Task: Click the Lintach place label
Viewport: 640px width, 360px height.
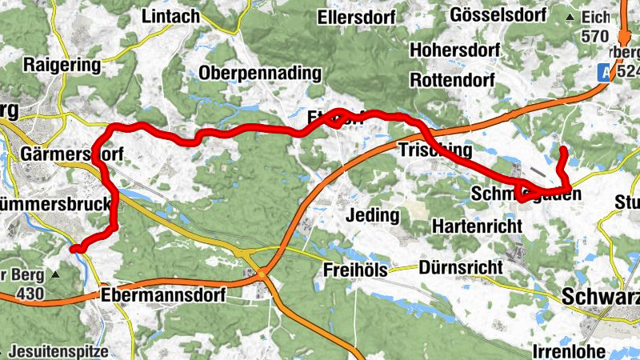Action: coord(171,16)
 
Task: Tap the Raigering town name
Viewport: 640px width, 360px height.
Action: coord(62,64)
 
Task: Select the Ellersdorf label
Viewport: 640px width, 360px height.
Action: coord(358,16)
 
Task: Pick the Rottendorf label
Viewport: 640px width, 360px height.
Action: coord(453,80)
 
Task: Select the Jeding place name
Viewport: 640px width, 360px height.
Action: coord(373,214)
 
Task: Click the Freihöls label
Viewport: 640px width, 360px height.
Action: coord(355,270)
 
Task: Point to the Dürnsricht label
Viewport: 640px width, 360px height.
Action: coord(460,267)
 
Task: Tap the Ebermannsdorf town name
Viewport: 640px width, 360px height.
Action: coord(164,295)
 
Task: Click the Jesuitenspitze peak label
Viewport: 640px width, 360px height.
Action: coord(62,350)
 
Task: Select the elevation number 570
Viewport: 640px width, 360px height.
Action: coord(595,36)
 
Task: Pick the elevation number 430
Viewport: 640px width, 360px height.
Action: coord(30,294)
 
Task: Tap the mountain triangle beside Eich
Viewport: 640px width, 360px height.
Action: coord(570,17)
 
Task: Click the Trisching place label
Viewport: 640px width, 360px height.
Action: coord(434,150)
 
